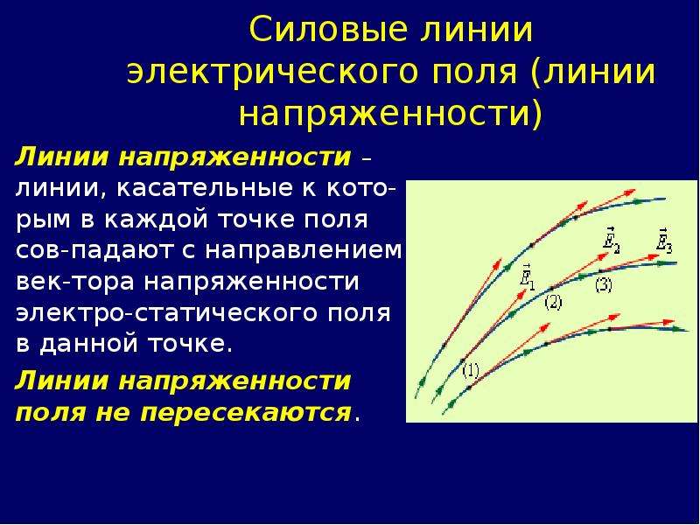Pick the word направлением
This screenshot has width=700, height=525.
pos(303,251)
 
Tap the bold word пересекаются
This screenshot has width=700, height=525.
pos(245,413)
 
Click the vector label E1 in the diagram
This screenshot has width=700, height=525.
pos(528,278)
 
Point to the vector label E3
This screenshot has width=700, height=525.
pos(665,239)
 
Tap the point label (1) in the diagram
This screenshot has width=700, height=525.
pos(471,370)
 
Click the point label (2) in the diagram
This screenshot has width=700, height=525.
pos(553,303)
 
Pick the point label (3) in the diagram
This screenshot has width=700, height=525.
pos(604,285)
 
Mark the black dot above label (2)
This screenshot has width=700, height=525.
pos(552,288)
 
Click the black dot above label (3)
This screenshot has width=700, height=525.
pos(600,271)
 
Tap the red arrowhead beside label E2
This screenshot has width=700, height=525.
pos(603,256)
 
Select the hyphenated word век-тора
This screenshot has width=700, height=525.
pos(75,283)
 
